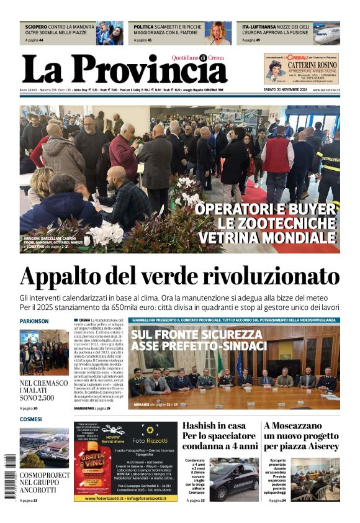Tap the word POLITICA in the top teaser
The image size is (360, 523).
click(x=144, y=27)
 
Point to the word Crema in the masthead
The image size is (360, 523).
click(x=217, y=58)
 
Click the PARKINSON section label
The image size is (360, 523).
click(x=34, y=321)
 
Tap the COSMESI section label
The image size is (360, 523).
click(x=30, y=420)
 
